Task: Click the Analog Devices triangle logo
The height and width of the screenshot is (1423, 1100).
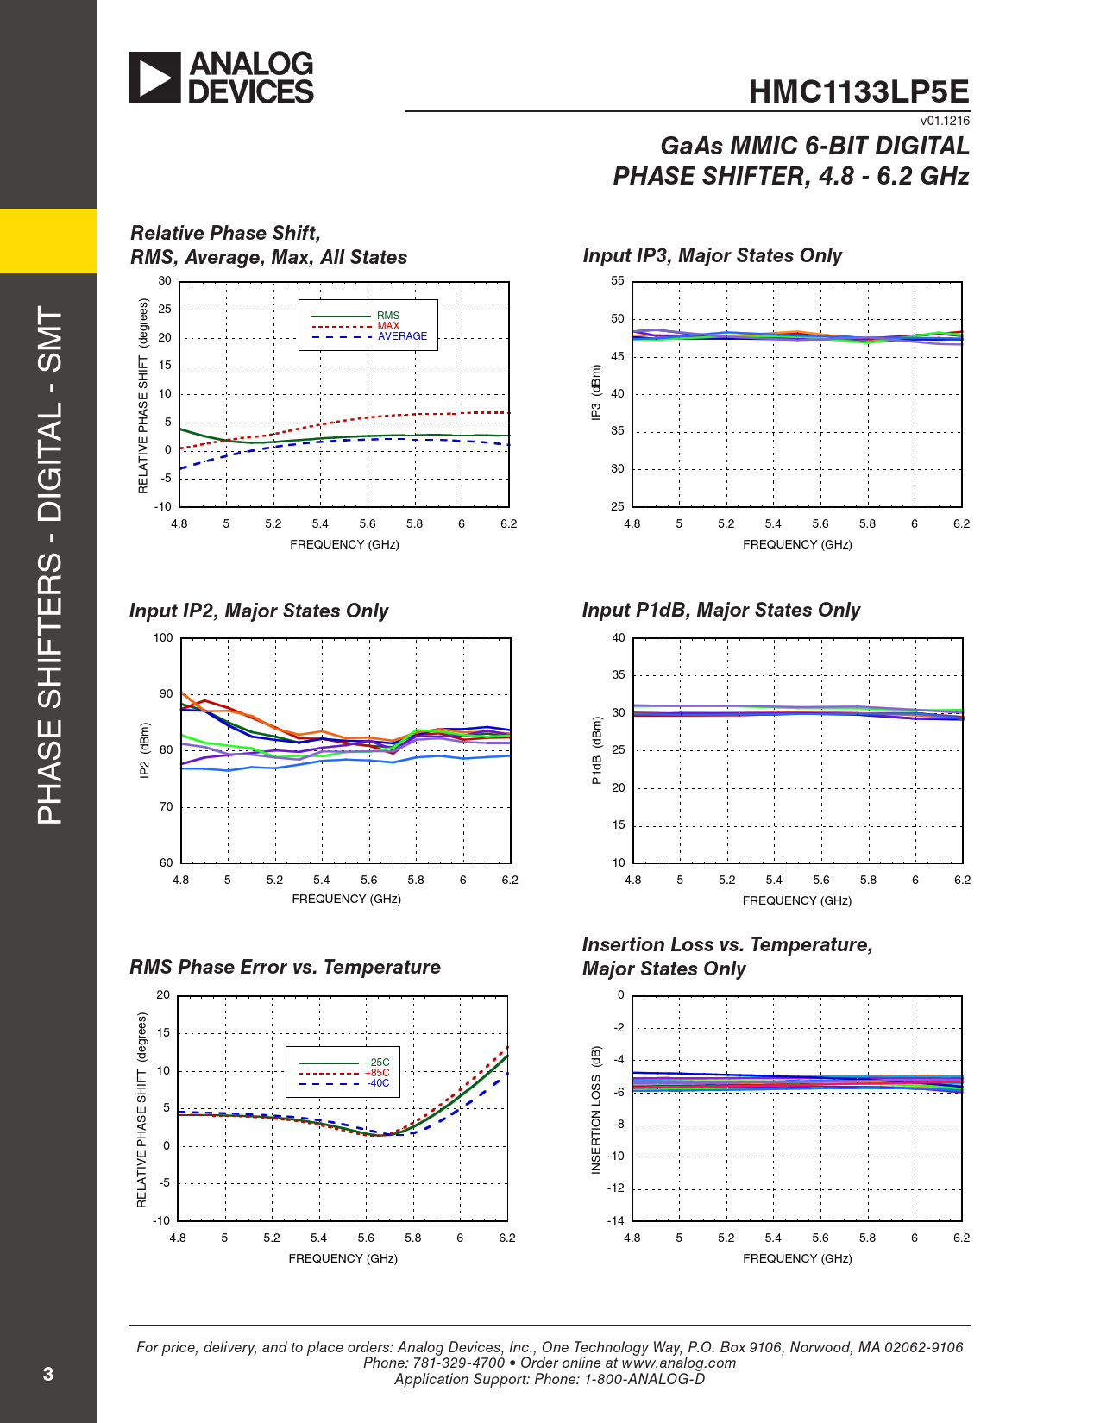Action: (x=155, y=78)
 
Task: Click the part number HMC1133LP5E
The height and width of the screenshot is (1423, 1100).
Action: (x=858, y=91)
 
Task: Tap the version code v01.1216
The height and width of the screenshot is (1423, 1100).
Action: (x=945, y=121)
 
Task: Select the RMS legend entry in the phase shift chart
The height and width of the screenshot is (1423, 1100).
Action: (x=388, y=316)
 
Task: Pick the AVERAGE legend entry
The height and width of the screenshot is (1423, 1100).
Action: (x=402, y=336)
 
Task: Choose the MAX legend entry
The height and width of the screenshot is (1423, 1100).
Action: (x=388, y=326)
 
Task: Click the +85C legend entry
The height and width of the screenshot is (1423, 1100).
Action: (x=377, y=1073)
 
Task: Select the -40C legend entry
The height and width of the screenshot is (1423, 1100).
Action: (x=378, y=1083)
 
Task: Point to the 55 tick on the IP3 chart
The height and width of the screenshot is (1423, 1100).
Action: (x=618, y=281)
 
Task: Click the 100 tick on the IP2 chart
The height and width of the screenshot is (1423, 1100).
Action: (x=163, y=638)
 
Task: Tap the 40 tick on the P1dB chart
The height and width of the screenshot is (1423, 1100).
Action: (x=619, y=638)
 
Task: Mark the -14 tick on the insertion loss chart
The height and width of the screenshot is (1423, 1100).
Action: (x=615, y=1220)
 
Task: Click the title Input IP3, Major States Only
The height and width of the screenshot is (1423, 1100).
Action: (x=712, y=255)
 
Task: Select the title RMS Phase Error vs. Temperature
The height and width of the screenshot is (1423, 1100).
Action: (x=285, y=967)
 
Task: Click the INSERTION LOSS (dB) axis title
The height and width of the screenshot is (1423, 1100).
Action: (x=595, y=1110)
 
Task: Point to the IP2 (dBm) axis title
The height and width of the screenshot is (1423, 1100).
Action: (x=145, y=750)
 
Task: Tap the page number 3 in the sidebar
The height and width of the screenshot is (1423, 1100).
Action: (x=48, y=1374)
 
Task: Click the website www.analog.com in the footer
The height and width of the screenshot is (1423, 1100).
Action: (x=678, y=1363)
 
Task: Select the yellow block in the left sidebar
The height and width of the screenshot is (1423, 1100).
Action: (x=48, y=241)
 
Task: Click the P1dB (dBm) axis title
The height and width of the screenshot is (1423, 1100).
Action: (x=596, y=750)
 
